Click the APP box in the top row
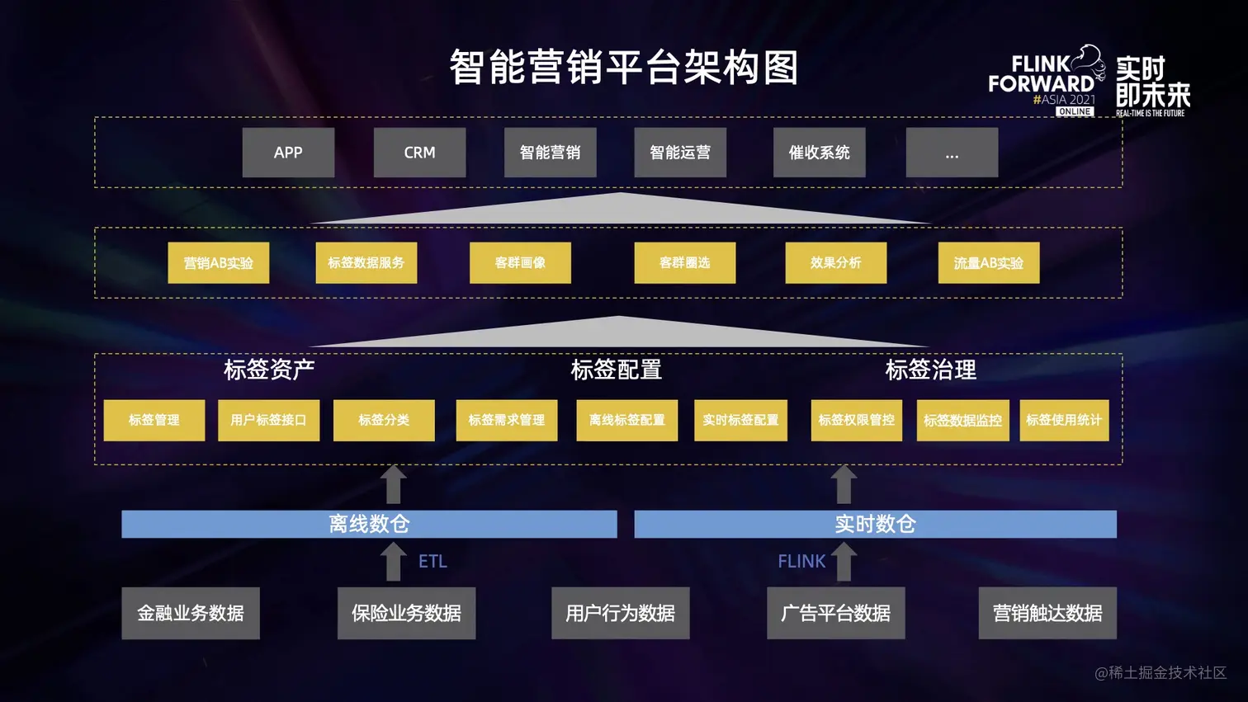coord(288,153)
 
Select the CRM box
coord(419,153)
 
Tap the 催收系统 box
coord(819,153)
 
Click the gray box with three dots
coord(952,153)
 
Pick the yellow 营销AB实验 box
coord(218,263)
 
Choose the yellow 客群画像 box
coord(520,263)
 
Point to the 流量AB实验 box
coord(988,263)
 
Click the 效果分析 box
coord(835,263)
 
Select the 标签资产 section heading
coord(269,370)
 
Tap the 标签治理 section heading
coord(930,370)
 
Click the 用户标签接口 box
coord(268,421)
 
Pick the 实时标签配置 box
coord(740,421)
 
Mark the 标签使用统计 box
coord(1063,421)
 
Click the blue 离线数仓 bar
coord(369,524)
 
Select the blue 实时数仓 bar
coord(875,524)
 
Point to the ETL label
coord(433,562)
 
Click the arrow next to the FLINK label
coord(844,561)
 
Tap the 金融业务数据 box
coord(191,613)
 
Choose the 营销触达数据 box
coord(1047,613)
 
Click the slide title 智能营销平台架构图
coord(624,68)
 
